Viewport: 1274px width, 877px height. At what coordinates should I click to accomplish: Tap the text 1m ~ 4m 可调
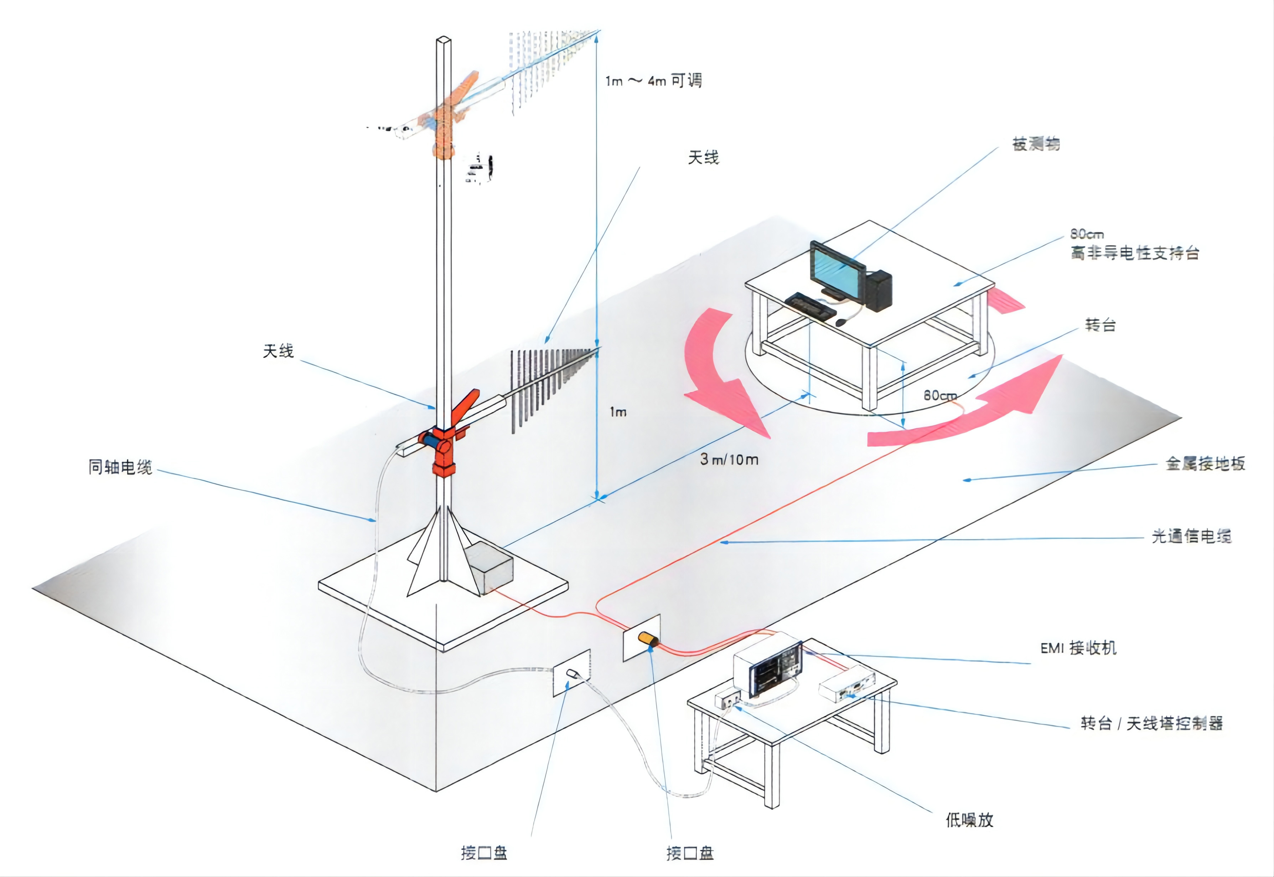coord(653,81)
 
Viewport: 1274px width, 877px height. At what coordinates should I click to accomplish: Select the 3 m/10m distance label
coord(729,460)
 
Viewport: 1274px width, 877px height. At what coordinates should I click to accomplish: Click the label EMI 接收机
coord(1078,648)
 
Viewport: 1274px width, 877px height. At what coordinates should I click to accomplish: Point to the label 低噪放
coord(969,820)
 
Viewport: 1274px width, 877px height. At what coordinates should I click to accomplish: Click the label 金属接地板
coord(1205,464)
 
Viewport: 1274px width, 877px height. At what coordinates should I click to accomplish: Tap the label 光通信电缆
coord(1191,536)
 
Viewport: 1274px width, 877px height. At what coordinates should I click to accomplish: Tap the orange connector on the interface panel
coord(648,639)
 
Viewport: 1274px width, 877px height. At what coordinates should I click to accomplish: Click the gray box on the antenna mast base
coord(489,567)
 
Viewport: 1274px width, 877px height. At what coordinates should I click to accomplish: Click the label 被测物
coord(1036,144)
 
